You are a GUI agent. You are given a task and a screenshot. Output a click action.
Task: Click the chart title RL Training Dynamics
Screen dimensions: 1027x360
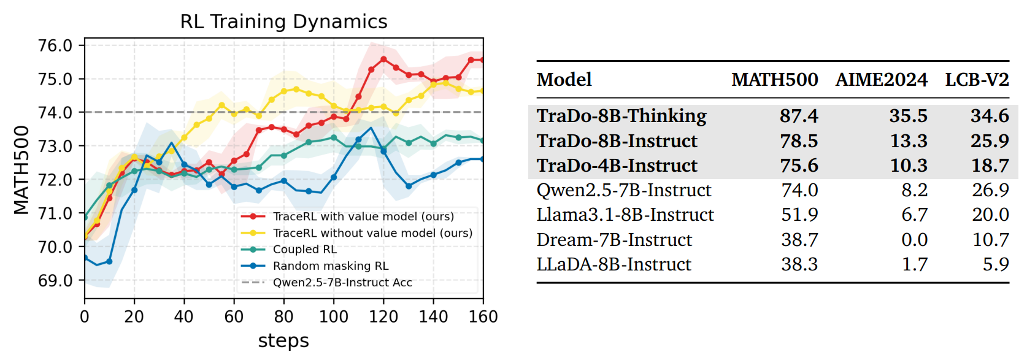(283, 22)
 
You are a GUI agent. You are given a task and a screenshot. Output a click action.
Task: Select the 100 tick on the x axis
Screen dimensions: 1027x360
(333, 316)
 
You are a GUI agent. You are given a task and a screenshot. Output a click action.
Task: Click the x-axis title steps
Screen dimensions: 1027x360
(283, 341)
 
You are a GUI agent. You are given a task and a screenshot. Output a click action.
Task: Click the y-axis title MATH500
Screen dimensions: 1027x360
(21, 170)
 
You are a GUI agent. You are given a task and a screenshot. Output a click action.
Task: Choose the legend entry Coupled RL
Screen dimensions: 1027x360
(304, 250)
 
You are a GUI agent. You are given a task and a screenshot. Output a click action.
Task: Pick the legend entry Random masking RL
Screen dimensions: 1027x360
(330, 266)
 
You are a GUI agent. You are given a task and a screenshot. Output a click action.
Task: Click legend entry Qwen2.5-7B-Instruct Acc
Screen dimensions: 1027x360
(342, 283)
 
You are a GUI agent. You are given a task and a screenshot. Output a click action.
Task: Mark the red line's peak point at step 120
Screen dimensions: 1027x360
(383, 59)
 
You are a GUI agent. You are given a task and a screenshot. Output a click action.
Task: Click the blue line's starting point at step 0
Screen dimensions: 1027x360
(85, 258)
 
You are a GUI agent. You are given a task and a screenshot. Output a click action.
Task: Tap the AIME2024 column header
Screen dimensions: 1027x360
(881, 80)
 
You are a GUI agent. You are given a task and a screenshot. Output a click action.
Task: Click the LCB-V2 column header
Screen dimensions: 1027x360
(977, 80)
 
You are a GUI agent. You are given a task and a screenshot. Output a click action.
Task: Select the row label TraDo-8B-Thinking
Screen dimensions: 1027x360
(621, 115)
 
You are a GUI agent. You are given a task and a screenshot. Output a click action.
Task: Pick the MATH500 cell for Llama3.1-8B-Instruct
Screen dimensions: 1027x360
(799, 215)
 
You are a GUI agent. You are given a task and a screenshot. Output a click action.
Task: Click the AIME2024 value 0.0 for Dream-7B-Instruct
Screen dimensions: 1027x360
(915, 240)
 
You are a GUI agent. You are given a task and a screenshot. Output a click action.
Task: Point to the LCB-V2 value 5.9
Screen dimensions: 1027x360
(996, 264)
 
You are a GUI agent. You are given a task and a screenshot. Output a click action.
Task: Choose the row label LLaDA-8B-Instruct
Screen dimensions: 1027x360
(614, 264)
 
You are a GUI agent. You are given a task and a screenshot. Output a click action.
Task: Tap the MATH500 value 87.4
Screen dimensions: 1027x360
(799, 116)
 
